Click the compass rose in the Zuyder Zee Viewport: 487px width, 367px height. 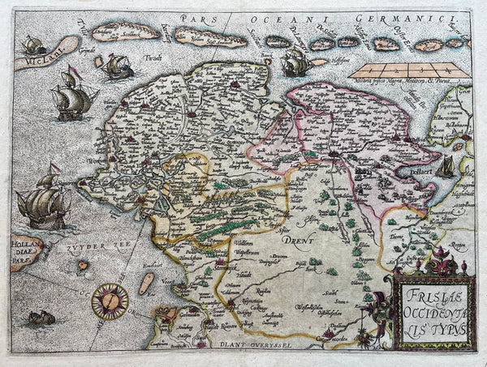tap(109, 301)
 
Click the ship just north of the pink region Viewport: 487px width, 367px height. tap(295, 62)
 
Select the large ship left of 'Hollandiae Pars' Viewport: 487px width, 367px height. tap(42, 203)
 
